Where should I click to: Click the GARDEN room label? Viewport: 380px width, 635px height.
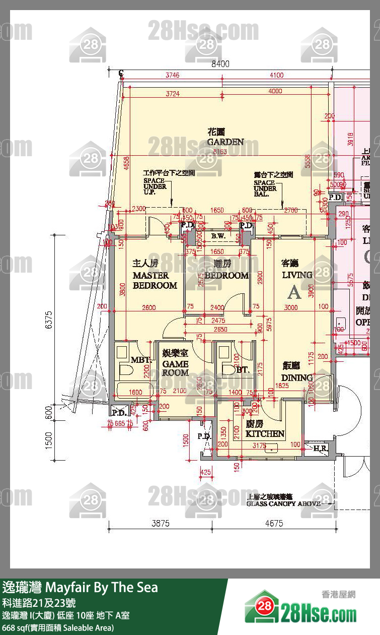[225, 142]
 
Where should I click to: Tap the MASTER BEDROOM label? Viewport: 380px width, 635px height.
[155, 280]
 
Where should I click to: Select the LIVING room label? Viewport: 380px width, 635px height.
[297, 275]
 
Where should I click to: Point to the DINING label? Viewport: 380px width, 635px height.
[297, 377]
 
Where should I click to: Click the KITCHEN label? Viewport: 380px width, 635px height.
[265, 433]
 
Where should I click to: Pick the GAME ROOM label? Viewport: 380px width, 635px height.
[175, 368]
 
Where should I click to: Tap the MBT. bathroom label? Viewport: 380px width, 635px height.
[140, 360]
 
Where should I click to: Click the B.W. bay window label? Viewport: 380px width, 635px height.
[218, 236]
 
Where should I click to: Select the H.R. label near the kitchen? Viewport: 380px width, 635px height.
[320, 448]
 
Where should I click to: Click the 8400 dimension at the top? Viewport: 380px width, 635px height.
[220, 64]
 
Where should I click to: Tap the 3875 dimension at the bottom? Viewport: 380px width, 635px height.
[161, 524]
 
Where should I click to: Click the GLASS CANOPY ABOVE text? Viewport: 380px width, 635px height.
[283, 503]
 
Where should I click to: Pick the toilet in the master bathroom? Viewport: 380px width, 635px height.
[126, 370]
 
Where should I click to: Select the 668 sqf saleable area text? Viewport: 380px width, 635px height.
[58, 627]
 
